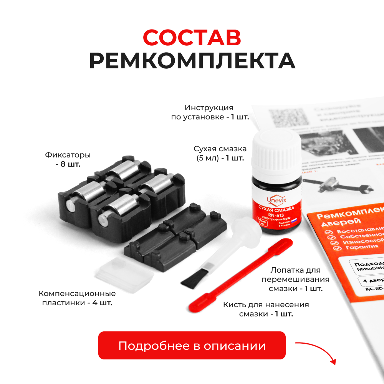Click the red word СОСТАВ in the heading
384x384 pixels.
[192, 37]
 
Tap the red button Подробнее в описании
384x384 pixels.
[192, 346]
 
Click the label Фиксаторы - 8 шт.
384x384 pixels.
[68, 160]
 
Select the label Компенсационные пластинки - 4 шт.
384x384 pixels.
[77, 298]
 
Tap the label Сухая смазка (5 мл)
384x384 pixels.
[220, 153]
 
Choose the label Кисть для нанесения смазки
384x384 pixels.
[266, 309]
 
